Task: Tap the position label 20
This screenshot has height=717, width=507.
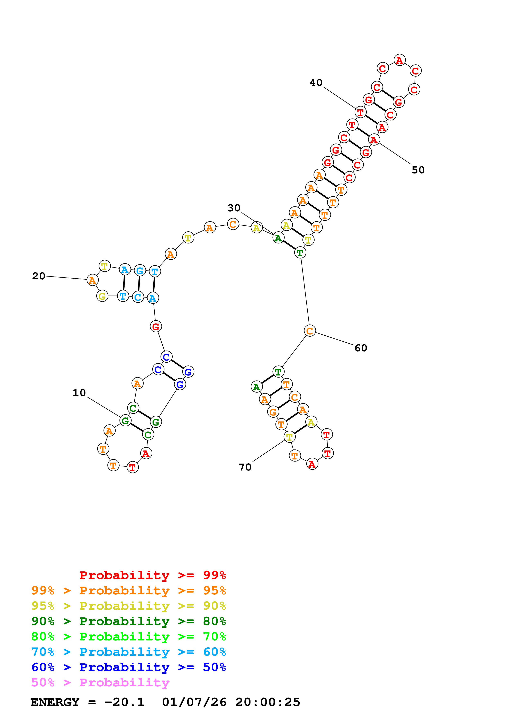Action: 39,276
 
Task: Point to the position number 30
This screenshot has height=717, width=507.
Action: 234,208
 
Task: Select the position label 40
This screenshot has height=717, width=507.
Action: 316,83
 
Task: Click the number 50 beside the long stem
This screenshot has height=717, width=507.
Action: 418,170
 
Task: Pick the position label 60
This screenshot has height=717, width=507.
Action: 361,348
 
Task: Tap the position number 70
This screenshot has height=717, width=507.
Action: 245,467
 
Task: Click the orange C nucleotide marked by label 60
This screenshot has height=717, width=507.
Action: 310,331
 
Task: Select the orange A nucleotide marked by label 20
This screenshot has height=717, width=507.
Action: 92,280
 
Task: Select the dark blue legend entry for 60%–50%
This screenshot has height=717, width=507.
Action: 129,667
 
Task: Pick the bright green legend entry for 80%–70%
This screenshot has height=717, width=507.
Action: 129,636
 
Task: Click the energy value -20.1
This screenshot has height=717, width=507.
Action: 124,702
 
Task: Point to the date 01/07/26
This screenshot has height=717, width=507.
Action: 194,702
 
